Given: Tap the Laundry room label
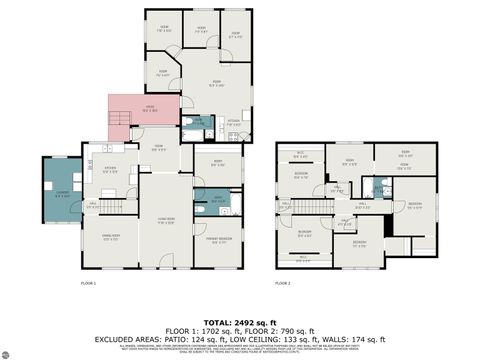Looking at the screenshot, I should (62, 195).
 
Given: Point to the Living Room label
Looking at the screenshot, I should (167, 219).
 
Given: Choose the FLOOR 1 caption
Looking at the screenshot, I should (88, 284).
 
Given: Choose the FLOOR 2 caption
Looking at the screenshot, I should (283, 284).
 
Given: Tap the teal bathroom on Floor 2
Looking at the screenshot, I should (379, 187).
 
